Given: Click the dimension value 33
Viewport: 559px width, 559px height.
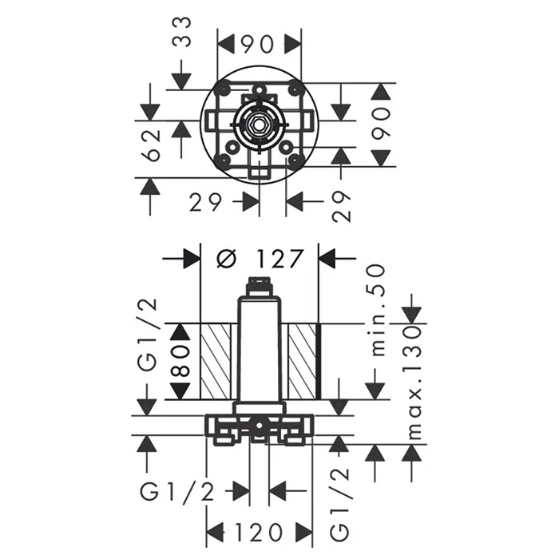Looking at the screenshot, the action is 182,33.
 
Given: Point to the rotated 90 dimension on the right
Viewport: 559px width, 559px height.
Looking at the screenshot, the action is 381,123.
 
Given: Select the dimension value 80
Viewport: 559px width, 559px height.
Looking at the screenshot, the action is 181,362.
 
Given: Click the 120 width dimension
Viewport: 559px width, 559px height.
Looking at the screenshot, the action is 259,533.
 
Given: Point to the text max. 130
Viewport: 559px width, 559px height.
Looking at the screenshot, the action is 414,383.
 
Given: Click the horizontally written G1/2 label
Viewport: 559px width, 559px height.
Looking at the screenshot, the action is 177,493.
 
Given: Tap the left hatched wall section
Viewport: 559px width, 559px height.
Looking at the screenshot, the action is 216,362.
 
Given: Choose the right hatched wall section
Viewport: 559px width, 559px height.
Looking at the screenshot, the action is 303,362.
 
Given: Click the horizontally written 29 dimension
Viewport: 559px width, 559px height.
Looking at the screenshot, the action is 206,203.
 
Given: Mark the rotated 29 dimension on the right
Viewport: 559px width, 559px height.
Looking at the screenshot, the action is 341,207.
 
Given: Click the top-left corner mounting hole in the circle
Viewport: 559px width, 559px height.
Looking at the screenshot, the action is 225,88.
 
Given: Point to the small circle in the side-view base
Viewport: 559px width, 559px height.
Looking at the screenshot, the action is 260,426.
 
